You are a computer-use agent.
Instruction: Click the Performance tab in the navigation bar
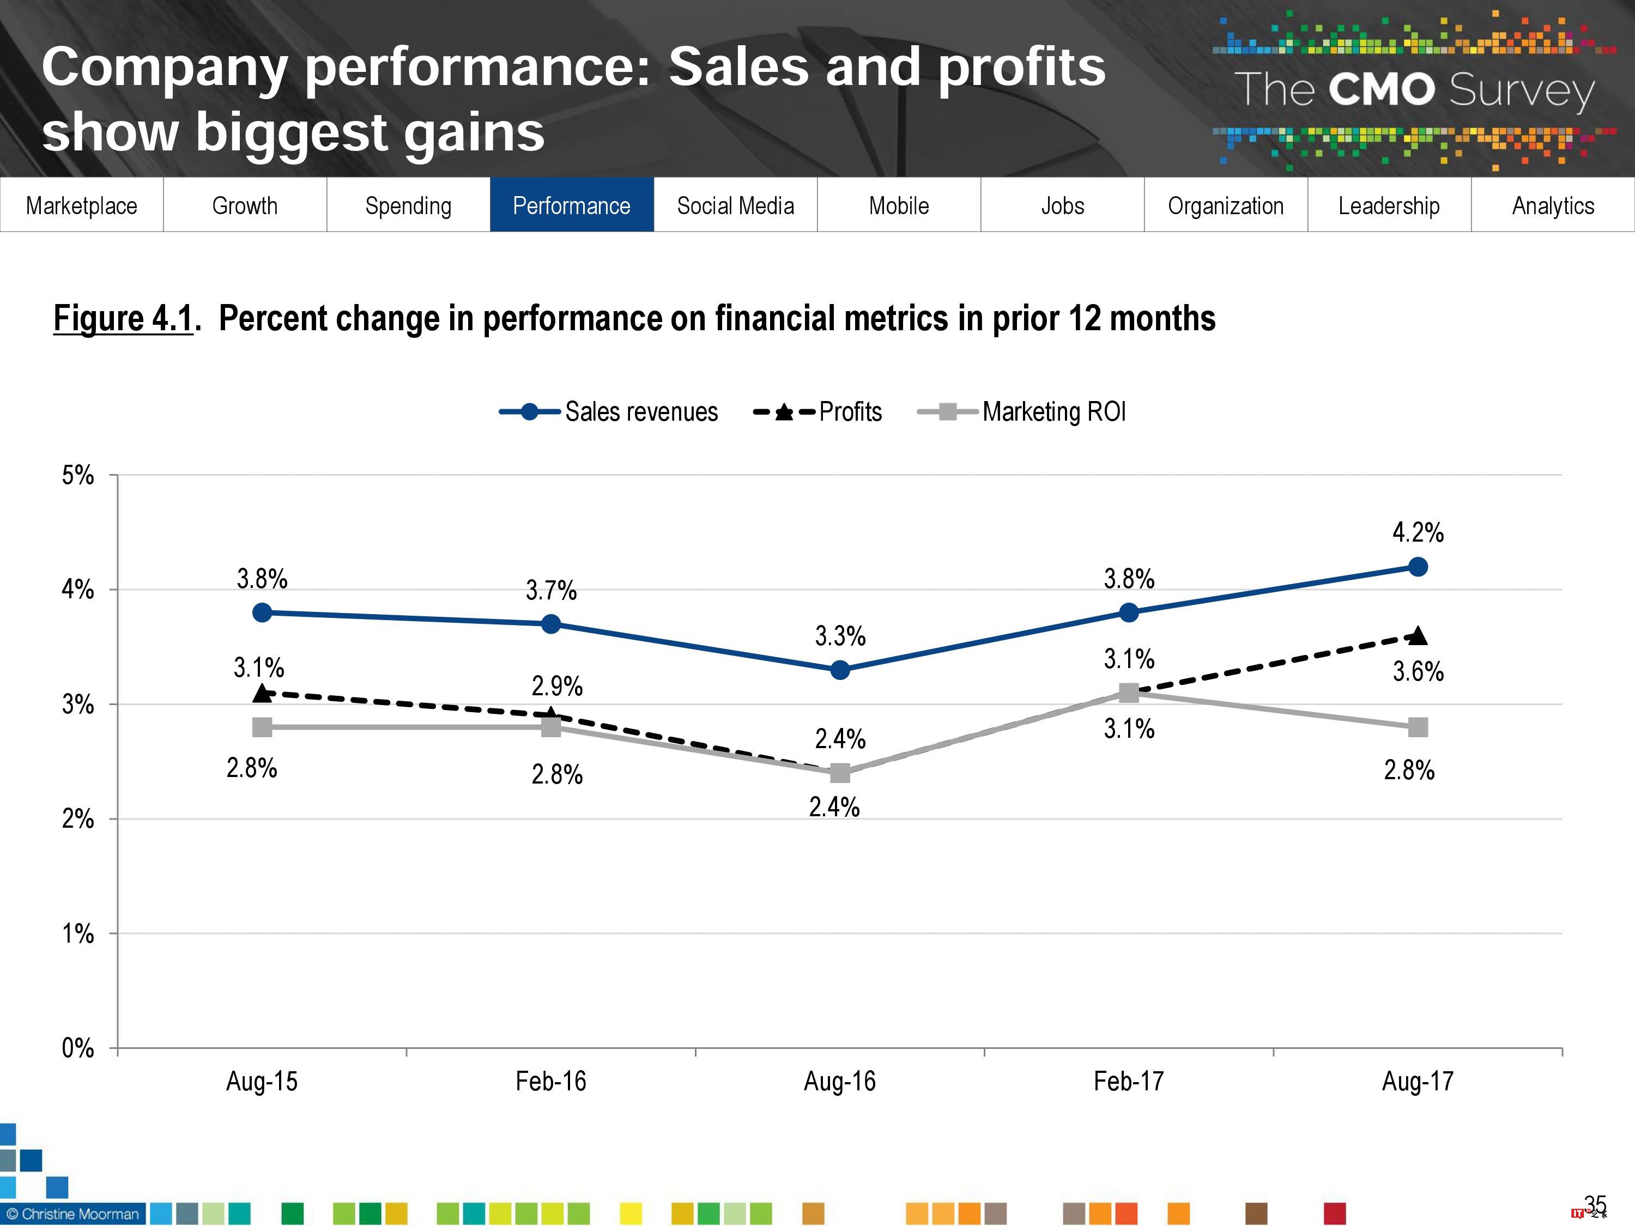coord(571,205)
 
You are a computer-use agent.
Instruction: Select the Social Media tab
coord(735,205)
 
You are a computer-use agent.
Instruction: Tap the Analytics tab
coord(1553,205)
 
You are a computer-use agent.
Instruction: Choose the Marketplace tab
coord(81,205)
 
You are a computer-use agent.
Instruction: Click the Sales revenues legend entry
coord(608,411)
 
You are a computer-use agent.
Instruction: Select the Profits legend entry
coord(818,411)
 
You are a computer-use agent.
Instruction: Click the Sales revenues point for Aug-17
coord(1418,567)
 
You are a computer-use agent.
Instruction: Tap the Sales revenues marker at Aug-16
coord(840,670)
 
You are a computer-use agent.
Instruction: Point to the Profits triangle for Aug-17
coord(1418,635)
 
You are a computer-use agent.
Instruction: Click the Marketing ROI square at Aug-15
coord(262,727)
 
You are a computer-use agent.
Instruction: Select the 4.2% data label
coord(1418,532)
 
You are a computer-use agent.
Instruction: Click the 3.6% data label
coord(1418,671)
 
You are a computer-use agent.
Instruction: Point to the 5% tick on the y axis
coord(77,475)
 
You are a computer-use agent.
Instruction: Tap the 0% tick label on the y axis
coord(77,1048)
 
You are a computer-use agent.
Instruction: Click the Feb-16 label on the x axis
coord(550,1081)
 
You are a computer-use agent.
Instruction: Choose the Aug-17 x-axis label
coord(1418,1081)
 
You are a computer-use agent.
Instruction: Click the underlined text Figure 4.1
coord(123,319)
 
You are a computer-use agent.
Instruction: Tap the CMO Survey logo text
coord(1414,90)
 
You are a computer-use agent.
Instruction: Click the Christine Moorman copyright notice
coord(72,1214)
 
